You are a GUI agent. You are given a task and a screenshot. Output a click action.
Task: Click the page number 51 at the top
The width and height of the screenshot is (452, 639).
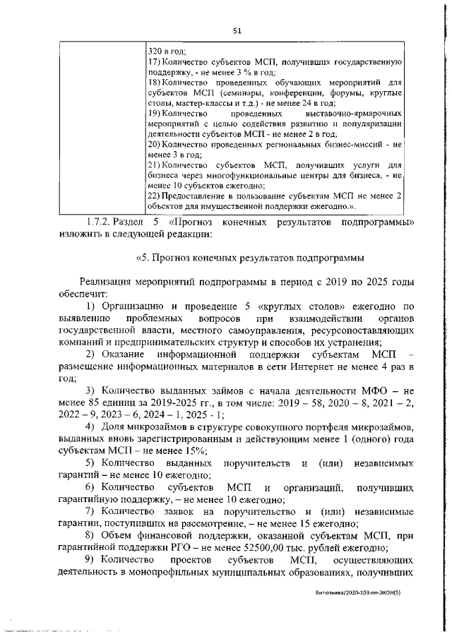237,29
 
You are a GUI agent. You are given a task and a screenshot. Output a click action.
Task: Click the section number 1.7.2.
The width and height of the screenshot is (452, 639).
96,222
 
